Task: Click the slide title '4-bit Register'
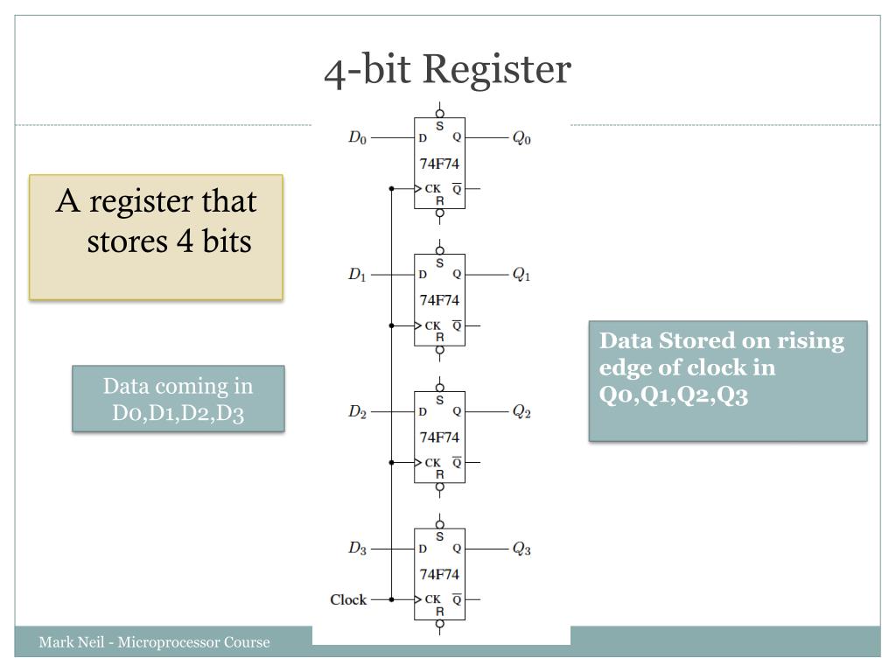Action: [x=447, y=70]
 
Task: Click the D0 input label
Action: [x=357, y=137]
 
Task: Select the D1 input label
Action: [x=357, y=275]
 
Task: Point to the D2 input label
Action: [x=357, y=411]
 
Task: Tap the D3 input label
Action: [x=357, y=549]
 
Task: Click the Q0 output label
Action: [x=521, y=138]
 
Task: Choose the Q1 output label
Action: [x=521, y=275]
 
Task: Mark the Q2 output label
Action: [x=521, y=411]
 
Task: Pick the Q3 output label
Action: [x=521, y=549]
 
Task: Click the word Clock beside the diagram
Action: [x=348, y=599]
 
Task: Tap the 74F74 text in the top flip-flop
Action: [x=439, y=164]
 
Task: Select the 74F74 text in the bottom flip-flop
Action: [x=439, y=575]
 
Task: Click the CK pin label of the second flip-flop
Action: [x=432, y=325]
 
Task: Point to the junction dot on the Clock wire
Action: [x=391, y=599]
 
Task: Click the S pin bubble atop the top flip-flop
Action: [x=439, y=114]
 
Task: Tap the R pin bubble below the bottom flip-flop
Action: [x=439, y=624]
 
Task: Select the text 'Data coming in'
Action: [x=178, y=386]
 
